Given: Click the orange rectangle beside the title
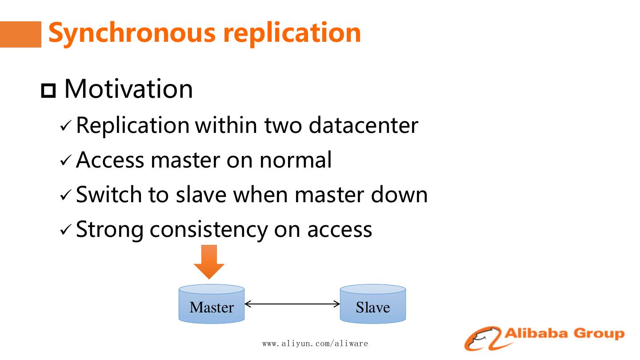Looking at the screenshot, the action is pos(20,34).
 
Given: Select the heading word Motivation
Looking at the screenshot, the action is pos(128,89).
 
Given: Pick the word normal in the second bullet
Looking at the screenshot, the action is pos(296,160).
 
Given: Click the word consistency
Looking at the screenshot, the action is pos(209,229).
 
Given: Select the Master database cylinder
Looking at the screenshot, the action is pos(212,304).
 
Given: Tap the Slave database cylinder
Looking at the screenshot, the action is pos(372,304).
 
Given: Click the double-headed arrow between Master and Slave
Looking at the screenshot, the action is pos(292,304).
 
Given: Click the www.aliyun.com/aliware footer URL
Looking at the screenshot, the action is pos(315,344).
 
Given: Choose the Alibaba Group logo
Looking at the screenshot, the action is pos(544,338).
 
